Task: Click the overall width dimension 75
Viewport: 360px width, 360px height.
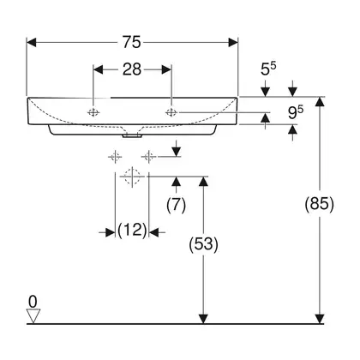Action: tap(132, 42)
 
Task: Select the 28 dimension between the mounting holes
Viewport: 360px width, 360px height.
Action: tap(132, 69)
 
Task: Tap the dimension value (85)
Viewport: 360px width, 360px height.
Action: tap(320, 204)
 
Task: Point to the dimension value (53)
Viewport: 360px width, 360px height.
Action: tap(203, 244)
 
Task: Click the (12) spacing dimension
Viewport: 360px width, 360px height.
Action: tap(132, 230)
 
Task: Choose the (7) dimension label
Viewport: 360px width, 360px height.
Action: tap(176, 205)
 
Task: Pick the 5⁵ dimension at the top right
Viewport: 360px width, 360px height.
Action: tap(268, 69)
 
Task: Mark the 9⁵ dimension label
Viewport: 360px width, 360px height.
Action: tap(296, 112)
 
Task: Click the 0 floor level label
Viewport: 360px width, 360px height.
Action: tap(33, 302)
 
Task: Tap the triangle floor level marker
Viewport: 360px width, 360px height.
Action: tap(33, 316)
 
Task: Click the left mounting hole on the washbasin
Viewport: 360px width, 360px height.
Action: tap(93, 112)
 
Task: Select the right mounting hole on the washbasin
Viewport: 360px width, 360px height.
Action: tap(171, 112)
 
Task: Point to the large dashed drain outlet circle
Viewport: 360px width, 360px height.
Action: tap(132, 177)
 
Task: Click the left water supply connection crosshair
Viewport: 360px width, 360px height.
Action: tap(115, 157)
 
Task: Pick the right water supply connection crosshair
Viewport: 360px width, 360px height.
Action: tap(148, 157)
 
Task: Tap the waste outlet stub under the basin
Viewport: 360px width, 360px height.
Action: tap(132, 136)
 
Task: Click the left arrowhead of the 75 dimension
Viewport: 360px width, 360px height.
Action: tap(32, 43)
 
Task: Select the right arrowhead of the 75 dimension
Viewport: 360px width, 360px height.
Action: tap(233, 43)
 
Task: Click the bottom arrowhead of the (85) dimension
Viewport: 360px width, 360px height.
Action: tap(320, 319)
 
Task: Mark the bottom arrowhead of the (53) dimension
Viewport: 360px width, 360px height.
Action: tap(203, 319)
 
